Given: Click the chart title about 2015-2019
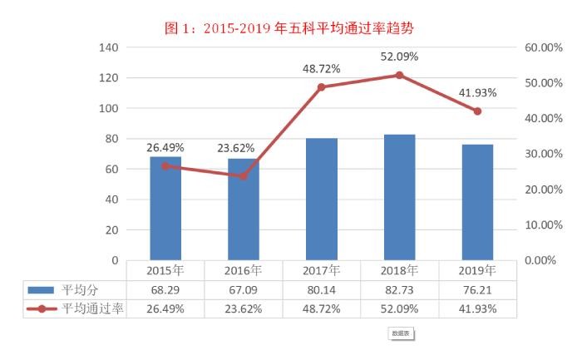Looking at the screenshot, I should tap(291, 27).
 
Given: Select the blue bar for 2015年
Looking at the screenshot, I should tap(165, 208).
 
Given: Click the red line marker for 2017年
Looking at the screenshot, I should tap(322, 86).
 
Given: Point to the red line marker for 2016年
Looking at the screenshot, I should tap(244, 176).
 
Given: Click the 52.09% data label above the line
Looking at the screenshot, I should tap(399, 57).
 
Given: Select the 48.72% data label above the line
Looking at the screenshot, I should tap(321, 69).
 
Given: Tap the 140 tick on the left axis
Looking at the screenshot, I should tap(109, 47).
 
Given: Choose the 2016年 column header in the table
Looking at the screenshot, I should tap(244, 270).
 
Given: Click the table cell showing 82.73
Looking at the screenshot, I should tap(399, 290).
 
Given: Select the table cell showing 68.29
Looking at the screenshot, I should tap(165, 290).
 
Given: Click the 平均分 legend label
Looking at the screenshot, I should tap(80, 290).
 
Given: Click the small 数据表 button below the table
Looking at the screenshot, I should tap(401, 333).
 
